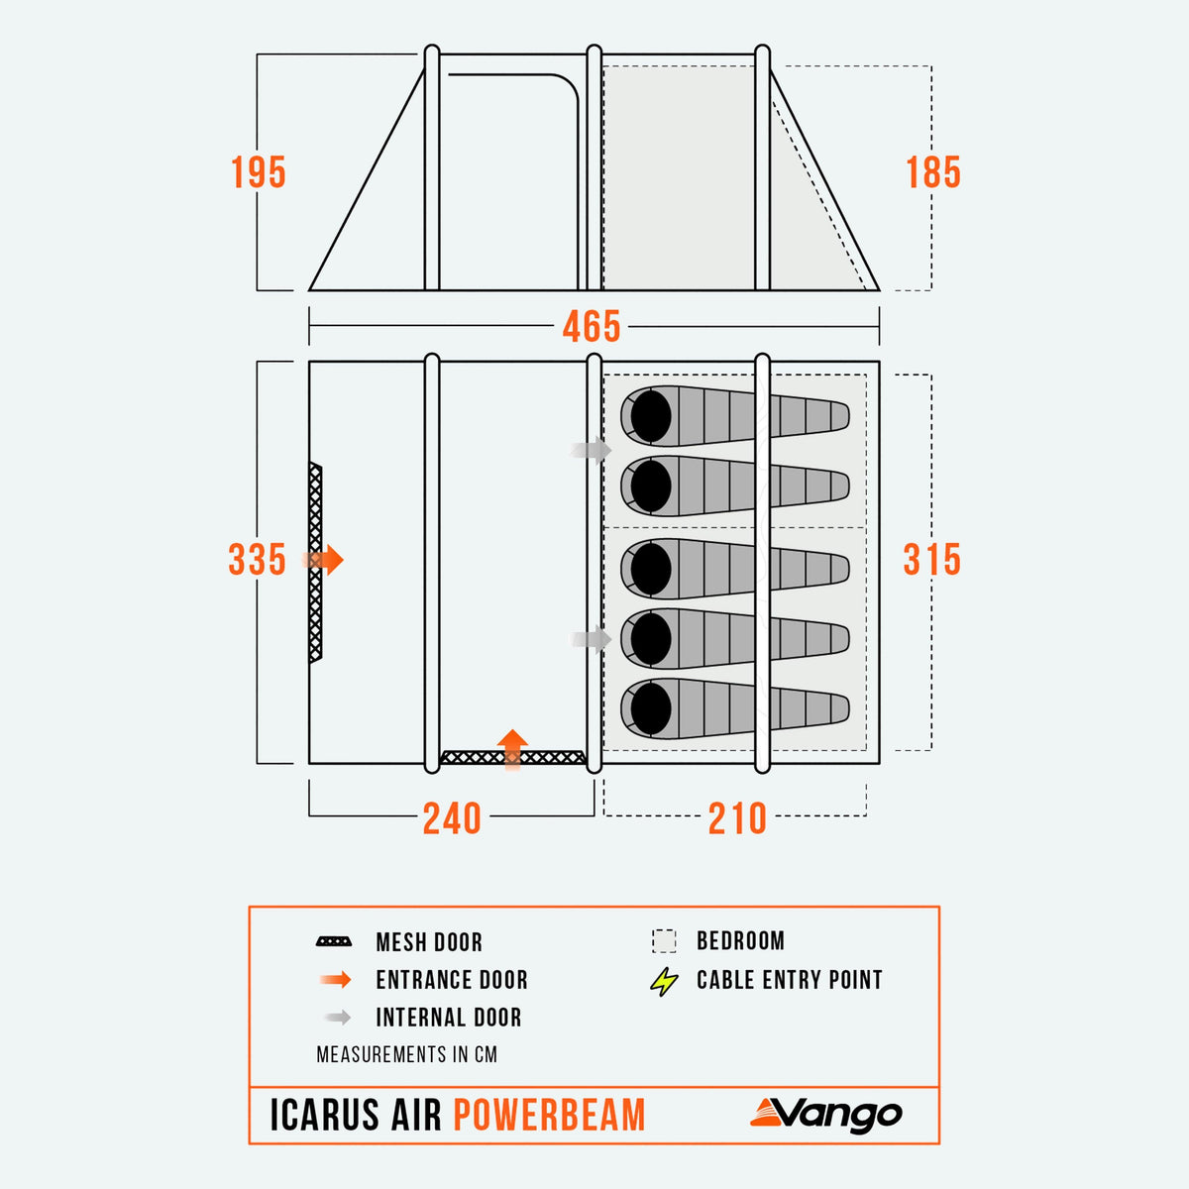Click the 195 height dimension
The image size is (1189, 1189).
click(259, 172)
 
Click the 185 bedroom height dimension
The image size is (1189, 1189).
click(933, 172)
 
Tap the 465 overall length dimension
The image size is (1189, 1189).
click(592, 326)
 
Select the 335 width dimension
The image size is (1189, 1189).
click(258, 560)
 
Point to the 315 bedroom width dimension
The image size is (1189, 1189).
click(931, 560)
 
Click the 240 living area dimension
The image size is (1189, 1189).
click(452, 818)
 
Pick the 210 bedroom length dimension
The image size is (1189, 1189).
click(737, 818)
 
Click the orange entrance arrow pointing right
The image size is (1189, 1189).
click(323, 560)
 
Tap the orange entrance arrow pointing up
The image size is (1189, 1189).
click(512, 750)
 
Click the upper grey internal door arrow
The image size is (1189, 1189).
click(592, 450)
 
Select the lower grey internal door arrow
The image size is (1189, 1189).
click(592, 638)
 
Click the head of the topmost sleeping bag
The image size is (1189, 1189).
click(650, 416)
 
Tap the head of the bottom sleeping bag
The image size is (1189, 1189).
click(650, 708)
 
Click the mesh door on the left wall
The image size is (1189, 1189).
click(315, 562)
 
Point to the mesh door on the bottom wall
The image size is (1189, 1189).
click(512, 757)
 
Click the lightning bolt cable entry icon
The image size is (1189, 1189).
click(664, 981)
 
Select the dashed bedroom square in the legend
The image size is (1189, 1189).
click(664, 941)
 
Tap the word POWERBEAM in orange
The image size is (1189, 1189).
click(549, 1115)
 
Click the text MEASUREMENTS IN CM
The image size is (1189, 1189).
click(406, 1054)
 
